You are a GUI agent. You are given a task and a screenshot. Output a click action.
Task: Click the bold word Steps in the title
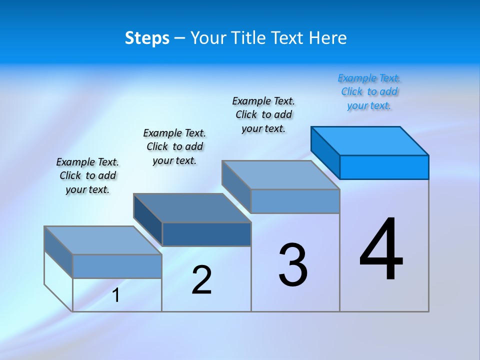(147, 38)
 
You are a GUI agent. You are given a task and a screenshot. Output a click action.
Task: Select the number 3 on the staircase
(293, 265)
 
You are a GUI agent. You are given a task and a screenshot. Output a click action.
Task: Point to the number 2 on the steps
(201, 280)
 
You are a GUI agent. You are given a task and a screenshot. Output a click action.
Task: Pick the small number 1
(116, 295)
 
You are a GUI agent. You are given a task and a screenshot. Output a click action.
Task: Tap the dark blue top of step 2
(192, 208)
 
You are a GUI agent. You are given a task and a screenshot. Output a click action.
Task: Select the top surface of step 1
(103, 240)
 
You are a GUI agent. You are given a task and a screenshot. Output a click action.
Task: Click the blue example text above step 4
(369, 92)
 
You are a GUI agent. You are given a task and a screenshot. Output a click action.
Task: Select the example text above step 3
(263, 114)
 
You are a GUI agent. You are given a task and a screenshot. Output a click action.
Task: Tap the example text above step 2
(174, 146)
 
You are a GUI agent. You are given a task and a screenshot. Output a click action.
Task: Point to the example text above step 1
(87, 175)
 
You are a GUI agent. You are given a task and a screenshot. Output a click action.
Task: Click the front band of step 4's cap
(384, 167)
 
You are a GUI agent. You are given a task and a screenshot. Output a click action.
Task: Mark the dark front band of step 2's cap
(206, 234)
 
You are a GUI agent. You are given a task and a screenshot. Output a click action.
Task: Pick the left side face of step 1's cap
(58, 252)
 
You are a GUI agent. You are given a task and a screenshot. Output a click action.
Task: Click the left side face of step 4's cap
(325, 152)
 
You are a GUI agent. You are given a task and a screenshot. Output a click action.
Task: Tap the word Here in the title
(328, 38)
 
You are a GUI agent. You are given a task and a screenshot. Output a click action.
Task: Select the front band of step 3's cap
(295, 201)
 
